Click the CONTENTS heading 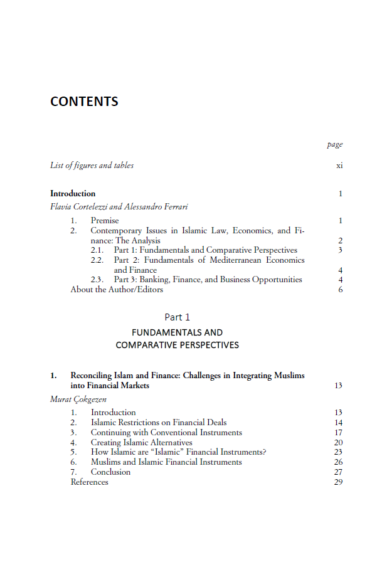coord(84,102)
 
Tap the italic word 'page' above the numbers coord(335,145)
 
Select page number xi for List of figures coord(339,166)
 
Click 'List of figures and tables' coord(92,166)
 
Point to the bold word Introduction coord(73,194)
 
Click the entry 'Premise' coord(104,221)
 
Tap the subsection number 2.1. coord(97,250)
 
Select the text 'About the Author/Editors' coord(117,290)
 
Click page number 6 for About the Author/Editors coord(341,290)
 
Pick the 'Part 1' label coord(177,317)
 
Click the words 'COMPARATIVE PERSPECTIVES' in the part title coord(177,345)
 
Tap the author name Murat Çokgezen coord(78,399)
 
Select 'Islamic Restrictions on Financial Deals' coord(159,423)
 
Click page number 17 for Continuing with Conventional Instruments coord(339,433)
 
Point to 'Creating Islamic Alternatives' coord(141,443)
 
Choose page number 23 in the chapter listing coord(339,452)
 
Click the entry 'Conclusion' coord(110,472)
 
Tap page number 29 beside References coord(339,482)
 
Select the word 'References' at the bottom coord(89,482)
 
